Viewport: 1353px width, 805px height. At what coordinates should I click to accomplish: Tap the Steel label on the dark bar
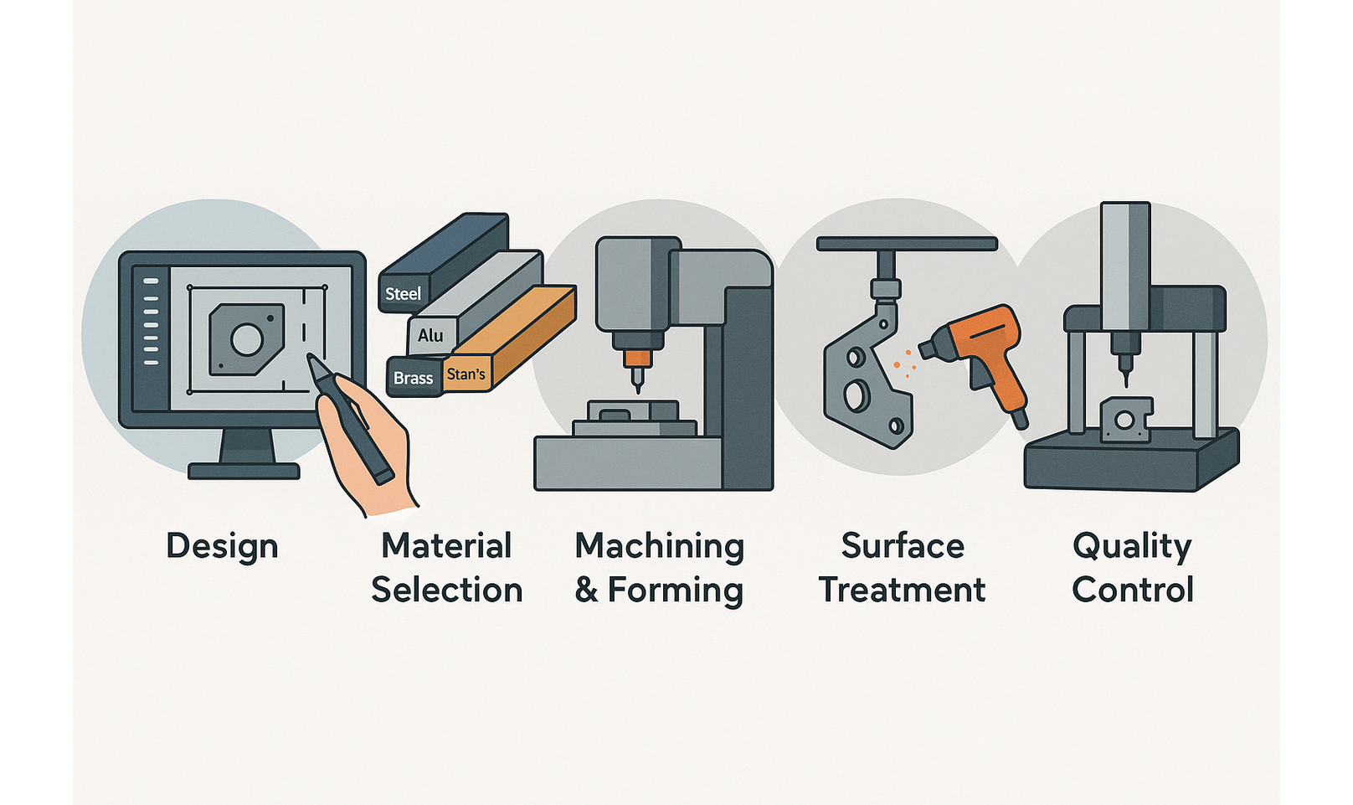403,294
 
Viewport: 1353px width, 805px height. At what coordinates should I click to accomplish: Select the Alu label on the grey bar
430,335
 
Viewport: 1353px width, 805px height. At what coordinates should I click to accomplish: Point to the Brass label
413,379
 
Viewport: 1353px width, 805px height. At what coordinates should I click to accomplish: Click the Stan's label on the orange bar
466,374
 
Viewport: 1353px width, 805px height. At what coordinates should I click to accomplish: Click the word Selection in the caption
447,590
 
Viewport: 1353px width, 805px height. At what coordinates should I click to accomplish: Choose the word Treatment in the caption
902,590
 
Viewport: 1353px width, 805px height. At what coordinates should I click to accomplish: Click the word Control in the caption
1133,590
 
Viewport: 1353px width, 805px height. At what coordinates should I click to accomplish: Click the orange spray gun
979,358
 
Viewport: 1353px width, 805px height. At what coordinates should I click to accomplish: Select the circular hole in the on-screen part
246,339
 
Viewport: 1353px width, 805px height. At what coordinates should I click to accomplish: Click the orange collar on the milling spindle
637,359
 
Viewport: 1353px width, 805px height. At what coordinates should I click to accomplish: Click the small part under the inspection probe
1124,420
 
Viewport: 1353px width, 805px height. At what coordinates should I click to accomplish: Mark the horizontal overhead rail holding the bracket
907,244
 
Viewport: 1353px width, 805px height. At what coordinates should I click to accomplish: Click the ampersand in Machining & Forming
586,591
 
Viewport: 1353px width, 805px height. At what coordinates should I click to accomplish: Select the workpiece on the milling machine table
632,411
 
